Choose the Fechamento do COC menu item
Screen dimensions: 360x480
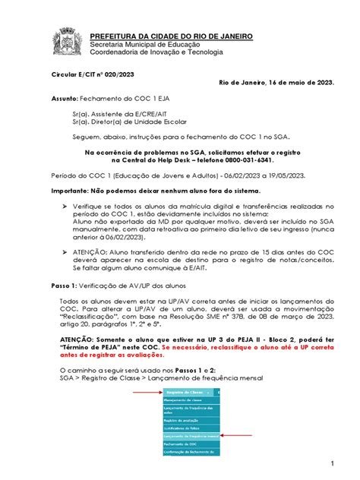click(180, 444)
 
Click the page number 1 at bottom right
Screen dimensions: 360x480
click(332, 463)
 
